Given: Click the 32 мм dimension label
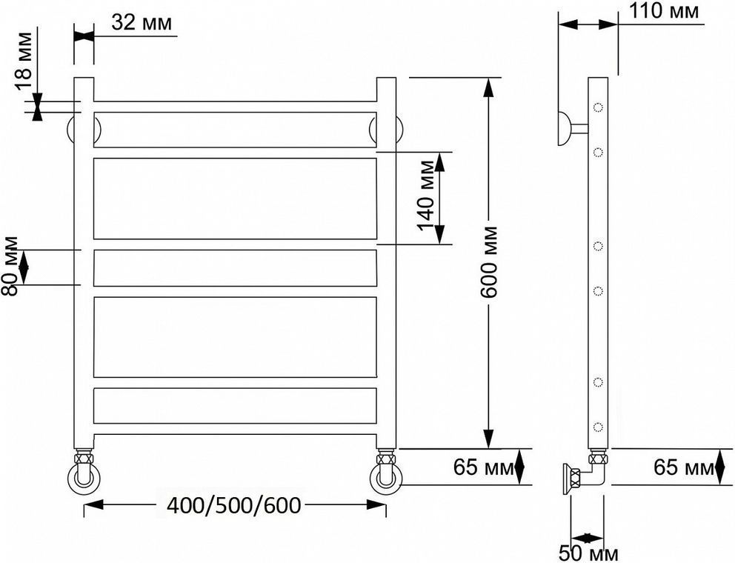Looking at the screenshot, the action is pyautogui.click(x=142, y=21).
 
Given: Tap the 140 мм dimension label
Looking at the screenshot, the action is pyautogui.click(x=427, y=196).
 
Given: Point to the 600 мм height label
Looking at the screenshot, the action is pyautogui.click(x=489, y=262).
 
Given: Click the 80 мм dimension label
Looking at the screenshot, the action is pyautogui.click(x=10, y=266).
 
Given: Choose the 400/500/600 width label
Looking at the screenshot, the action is pyautogui.click(x=233, y=505).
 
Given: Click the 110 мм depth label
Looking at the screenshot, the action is pyautogui.click(x=663, y=11).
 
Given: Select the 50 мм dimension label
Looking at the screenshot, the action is pyautogui.click(x=589, y=553).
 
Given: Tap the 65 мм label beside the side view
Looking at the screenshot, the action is pyautogui.click(x=684, y=467).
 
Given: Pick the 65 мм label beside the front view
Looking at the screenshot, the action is pyautogui.click(x=483, y=467).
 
